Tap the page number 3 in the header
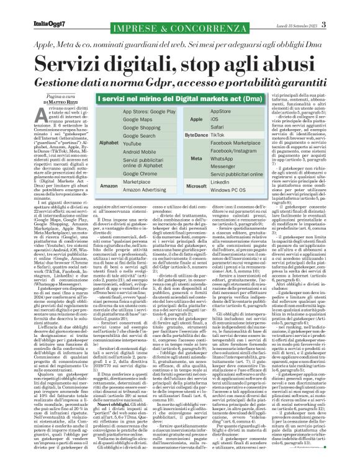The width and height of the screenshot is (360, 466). [341, 7]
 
